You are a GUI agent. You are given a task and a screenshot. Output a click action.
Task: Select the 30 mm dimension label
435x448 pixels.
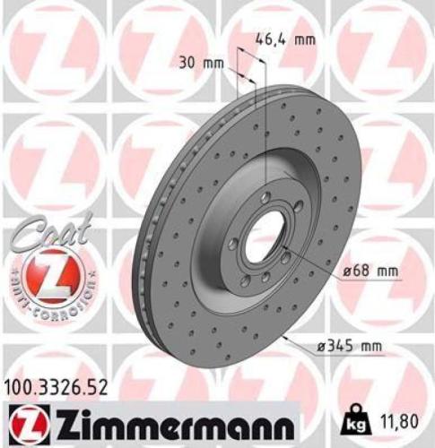[200, 64]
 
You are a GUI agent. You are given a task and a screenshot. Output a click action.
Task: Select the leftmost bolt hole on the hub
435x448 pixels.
[233, 244]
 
